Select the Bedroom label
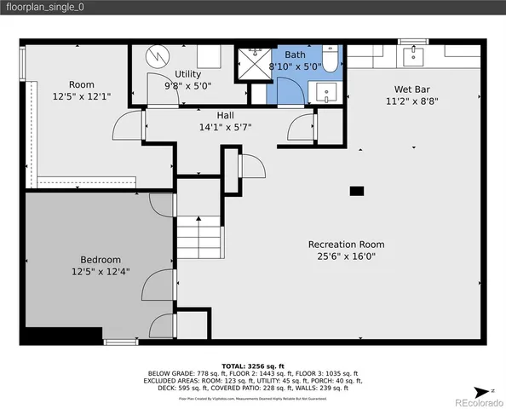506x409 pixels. pos(101,260)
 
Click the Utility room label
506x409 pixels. pos(187,74)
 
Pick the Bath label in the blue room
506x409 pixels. pos(295,55)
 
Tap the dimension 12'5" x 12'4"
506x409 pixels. pos(101,272)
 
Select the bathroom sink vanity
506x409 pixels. pos(325,91)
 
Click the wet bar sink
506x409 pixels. pos(417,56)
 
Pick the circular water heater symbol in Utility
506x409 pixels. pos(158,55)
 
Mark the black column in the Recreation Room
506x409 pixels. pos(357,191)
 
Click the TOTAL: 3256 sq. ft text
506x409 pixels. pos(253,366)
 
